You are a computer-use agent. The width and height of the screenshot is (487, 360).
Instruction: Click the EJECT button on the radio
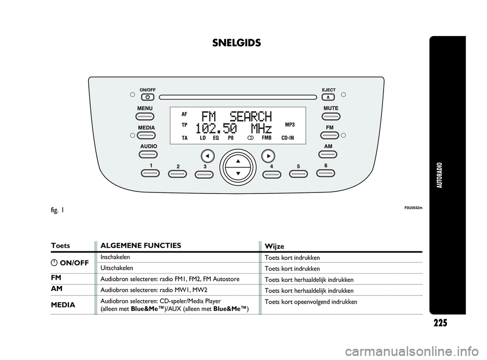329,96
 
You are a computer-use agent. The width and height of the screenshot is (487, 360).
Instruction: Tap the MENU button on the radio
145,116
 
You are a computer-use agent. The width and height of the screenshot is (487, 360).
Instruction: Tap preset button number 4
272,174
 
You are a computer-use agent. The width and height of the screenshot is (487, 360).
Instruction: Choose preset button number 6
326,173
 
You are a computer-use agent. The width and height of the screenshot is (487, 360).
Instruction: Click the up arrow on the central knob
237,161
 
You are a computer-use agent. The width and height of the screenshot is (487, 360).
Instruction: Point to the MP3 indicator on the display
290,124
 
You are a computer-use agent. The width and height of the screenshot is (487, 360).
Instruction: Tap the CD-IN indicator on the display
288,138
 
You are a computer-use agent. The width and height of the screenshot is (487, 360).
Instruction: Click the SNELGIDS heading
236,43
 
